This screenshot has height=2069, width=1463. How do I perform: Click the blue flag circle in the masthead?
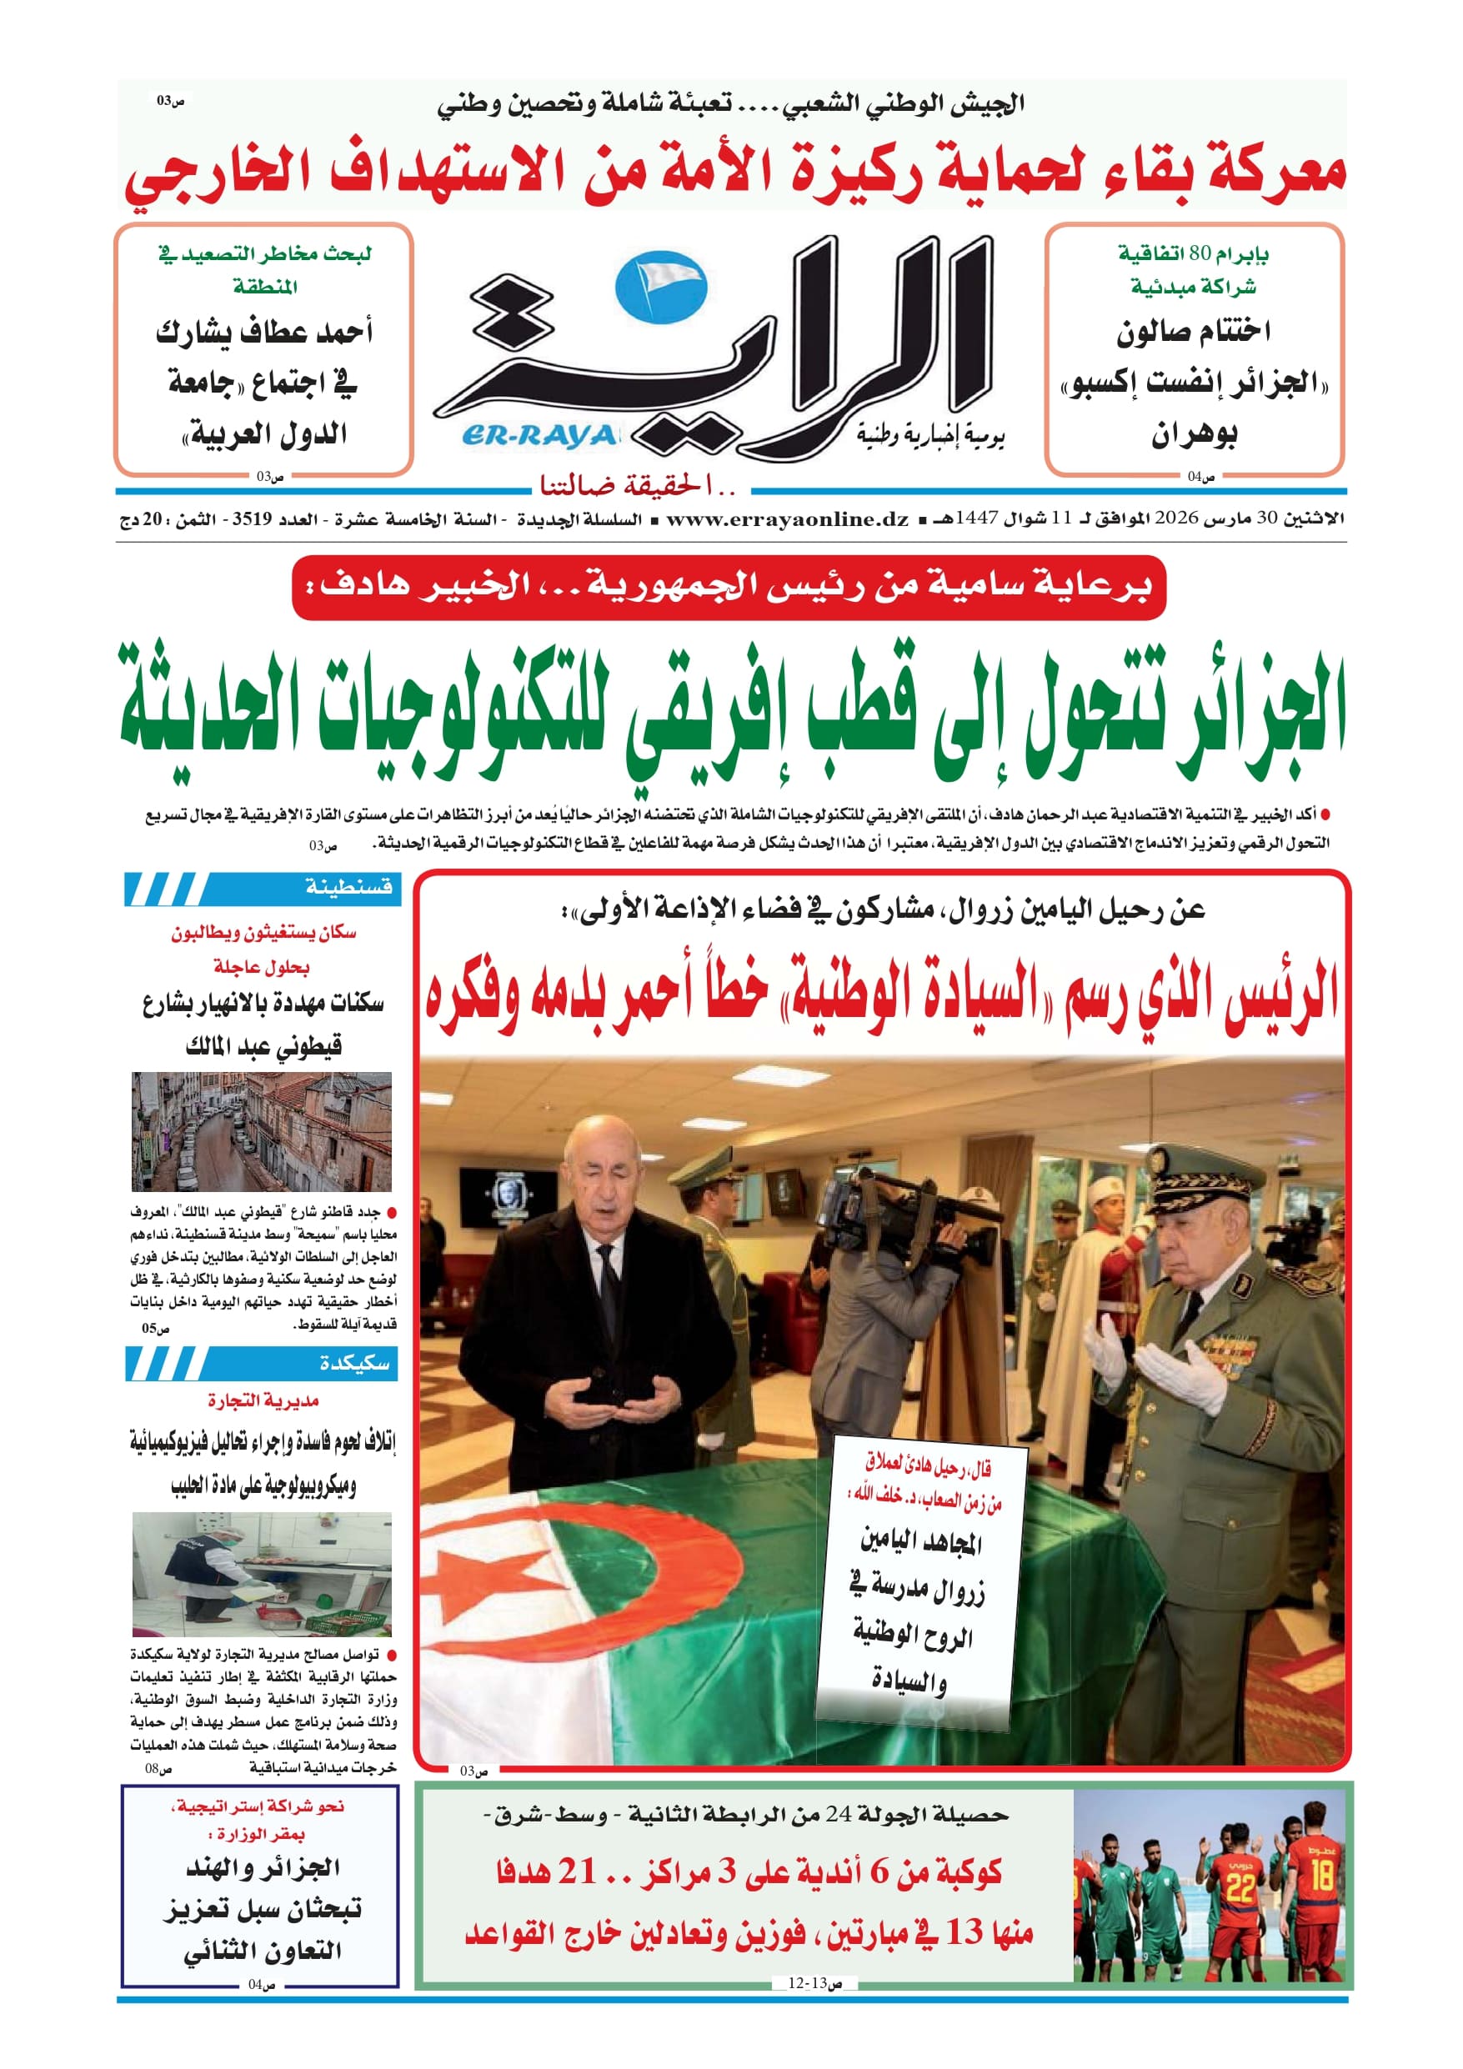pos(661,288)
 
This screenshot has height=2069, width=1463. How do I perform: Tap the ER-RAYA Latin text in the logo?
pos(539,436)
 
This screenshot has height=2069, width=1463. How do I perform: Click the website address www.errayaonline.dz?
pos(787,519)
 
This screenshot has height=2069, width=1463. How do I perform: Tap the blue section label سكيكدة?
pos(354,1364)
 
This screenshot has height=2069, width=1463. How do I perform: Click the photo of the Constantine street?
pos(262,1132)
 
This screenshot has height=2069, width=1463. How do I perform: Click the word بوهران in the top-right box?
pos(1194,435)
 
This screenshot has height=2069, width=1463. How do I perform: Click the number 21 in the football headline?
pos(576,1871)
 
